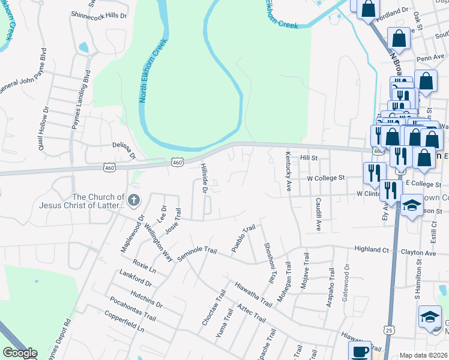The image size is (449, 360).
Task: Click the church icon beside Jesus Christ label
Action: [x=133, y=200]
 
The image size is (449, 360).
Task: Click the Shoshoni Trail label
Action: [x=270, y=263]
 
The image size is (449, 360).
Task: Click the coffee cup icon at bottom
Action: [x=360, y=350]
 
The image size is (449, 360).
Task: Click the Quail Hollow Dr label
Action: [x=43, y=125]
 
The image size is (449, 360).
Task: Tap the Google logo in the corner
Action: [x=20, y=353]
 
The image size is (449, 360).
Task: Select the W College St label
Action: [x=326, y=178]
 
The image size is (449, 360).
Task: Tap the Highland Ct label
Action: [x=372, y=248]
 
